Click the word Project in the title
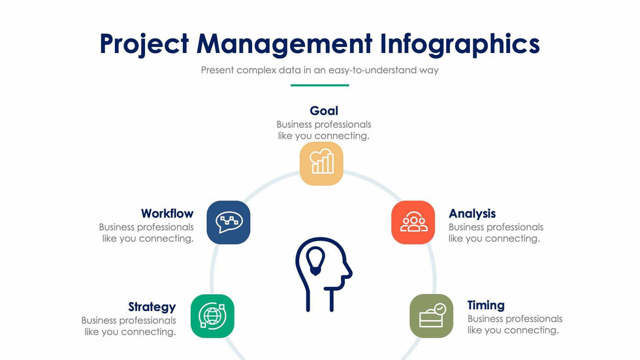point(144,44)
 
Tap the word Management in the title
point(285,44)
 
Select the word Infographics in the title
point(460,44)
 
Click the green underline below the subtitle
point(319,86)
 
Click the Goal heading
point(324,110)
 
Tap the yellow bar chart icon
point(321,163)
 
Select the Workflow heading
point(167,214)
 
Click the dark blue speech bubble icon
point(228,222)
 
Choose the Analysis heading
point(472,214)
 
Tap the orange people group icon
point(413,222)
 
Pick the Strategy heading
point(152,307)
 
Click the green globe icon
point(212,316)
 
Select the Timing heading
point(486,305)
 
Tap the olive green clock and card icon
point(432,316)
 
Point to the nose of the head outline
point(349,271)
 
